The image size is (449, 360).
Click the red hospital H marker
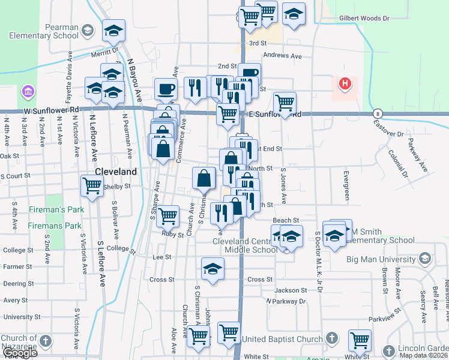click(x=345, y=83)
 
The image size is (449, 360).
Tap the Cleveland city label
click(x=116, y=172)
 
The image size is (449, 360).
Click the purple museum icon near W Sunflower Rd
click(x=27, y=92)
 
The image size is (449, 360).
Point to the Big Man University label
click(x=381, y=259)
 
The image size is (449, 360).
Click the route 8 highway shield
click(x=377, y=113)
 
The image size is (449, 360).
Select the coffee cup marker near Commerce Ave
click(x=166, y=89)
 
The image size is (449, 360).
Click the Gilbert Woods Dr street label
click(x=364, y=18)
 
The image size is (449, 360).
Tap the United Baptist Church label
click(x=282, y=340)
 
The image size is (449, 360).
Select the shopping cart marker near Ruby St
click(x=167, y=216)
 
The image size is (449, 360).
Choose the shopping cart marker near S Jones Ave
click(x=285, y=103)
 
